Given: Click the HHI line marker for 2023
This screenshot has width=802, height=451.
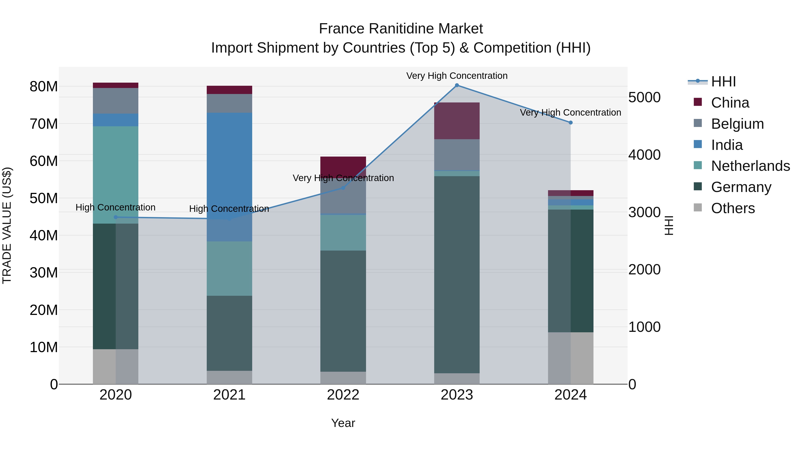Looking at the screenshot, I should coord(457,85).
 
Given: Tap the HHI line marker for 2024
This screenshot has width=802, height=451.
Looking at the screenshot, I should coord(570,123).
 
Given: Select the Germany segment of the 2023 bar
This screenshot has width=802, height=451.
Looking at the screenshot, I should coord(457,274).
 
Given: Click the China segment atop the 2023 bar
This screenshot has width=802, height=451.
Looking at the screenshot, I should coord(457,121).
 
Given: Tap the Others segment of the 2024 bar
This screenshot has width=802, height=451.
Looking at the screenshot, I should coord(570,358).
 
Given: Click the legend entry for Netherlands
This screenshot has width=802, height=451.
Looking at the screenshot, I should coord(750,166).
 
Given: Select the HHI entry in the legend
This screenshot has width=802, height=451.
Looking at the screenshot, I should coord(723,82).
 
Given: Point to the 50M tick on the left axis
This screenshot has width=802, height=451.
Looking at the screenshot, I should coord(44,198).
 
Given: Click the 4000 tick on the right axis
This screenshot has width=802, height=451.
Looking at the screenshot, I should coord(644,155).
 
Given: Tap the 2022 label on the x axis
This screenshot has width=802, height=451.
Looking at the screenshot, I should coord(343,395).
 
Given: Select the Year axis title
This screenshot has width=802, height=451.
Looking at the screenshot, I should coord(343,423).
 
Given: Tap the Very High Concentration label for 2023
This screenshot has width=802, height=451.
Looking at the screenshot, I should coord(457,76).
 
